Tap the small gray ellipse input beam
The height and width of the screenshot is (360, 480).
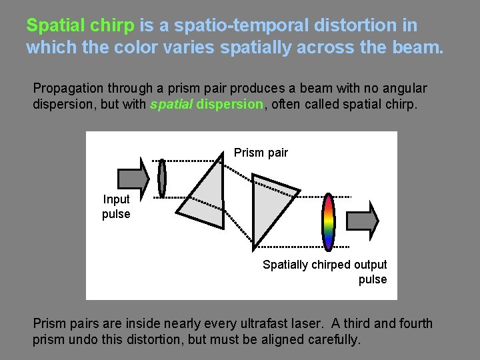point(162,178)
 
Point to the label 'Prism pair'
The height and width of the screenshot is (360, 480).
point(261,153)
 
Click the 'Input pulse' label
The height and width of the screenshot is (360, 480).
point(116,207)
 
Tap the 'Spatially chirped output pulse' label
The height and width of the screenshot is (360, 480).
point(325,271)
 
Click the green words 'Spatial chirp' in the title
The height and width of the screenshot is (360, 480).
point(80,26)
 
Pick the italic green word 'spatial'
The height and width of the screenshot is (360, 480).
point(171,105)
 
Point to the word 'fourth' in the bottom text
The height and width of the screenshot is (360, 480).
point(414,323)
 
